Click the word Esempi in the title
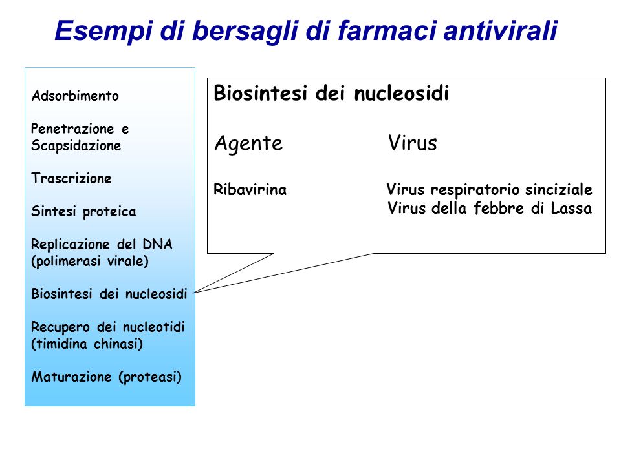pyautogui.click(x=103, y=31)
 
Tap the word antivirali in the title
pyautogui.click(x=501, y=30)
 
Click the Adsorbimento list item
pyautogui.click(x=75, y=96)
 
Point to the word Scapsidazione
pyautogui.click(x=76, y=145)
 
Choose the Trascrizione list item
pyautogui.click(x=71, y=178)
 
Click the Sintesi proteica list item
pyautogui.click(x=83, y=212)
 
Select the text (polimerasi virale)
pyautogui.click(x=90, y=262)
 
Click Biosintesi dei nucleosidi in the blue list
pyautogui.click(x=109, y=294)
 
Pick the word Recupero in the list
pyautogui.click(x=61, y=327)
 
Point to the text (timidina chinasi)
pyautogui.click(x=87, y=344)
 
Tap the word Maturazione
pyautogui.click(x=71, y=377)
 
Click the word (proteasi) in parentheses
pyautogui.click(x=150, y=377)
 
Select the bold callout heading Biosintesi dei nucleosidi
pyautogui.click(x=331, y=94)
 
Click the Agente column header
pyautogui.click(x=248, y=143)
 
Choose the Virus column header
pyautogui.click(x=412, y=143)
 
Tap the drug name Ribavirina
pyautogui.click(x=250, y=189)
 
